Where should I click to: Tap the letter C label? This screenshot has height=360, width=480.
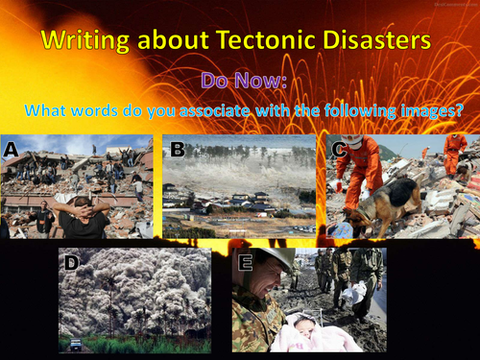[x=337, y=149]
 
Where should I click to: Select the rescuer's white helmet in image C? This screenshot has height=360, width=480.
[x=355, y=141]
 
